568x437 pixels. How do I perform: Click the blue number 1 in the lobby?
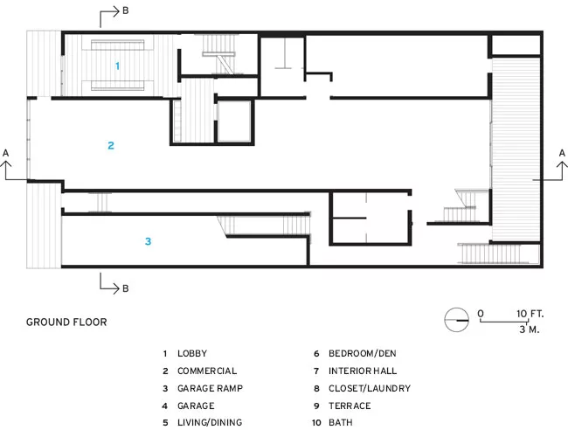pos(117,66)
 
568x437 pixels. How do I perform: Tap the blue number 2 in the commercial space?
pos(111,146)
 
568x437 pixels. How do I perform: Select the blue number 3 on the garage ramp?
pos(148,241)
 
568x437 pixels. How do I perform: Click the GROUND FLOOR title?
pos(66,323)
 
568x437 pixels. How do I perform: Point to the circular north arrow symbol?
pos(456,320)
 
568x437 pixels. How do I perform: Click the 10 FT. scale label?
pos(530,314)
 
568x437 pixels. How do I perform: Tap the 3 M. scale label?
pos(530,329)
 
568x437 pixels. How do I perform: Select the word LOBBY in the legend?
pos(192,354)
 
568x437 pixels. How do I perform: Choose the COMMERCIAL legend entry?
pos(207,371)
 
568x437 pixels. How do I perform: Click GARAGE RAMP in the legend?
pos(210,388)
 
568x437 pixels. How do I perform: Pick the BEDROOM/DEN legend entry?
pos(363,354)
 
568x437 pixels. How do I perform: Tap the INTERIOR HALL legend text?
pos(363,371)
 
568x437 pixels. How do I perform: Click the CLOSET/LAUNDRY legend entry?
pos(370,388)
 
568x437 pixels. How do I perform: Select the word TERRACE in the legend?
pos(350,406)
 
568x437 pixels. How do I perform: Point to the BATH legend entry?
pos(341,422)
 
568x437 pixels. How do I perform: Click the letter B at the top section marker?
pos(126,10)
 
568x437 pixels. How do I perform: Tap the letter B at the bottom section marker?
pos(126,288)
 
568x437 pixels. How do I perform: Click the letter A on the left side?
pos(6,153)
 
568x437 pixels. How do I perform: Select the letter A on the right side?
pos(562,153)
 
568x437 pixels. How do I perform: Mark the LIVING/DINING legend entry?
pos(210,422)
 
